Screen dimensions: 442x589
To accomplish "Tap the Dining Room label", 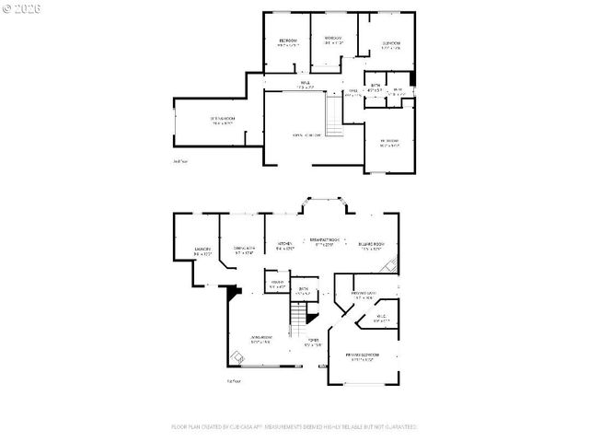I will click(x=243, y=249).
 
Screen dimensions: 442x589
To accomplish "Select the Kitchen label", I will click(x=285, y=244).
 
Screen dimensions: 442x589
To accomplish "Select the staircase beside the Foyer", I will click(x=298, y=322).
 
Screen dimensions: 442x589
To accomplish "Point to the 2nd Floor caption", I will click(x=179, y=160).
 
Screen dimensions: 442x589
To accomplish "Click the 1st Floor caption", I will click(x=234, y=378).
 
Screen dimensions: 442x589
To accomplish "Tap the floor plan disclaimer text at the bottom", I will click(x=294, y=427).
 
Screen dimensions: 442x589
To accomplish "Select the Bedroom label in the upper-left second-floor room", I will click(x=288, y=42).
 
